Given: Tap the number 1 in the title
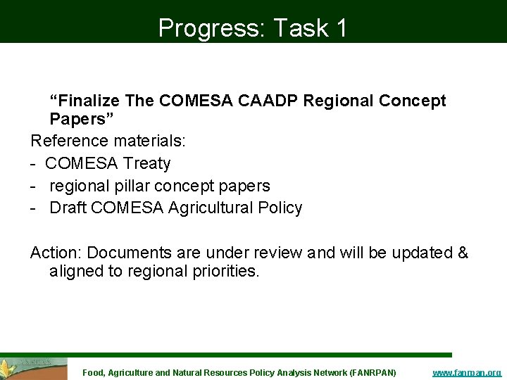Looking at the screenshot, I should (341, 27).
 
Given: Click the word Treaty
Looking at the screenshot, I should (146, 163).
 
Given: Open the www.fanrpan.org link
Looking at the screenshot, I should (466, 372).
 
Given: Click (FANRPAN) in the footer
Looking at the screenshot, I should (373, 372).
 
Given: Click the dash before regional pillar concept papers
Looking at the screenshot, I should (35, 186).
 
